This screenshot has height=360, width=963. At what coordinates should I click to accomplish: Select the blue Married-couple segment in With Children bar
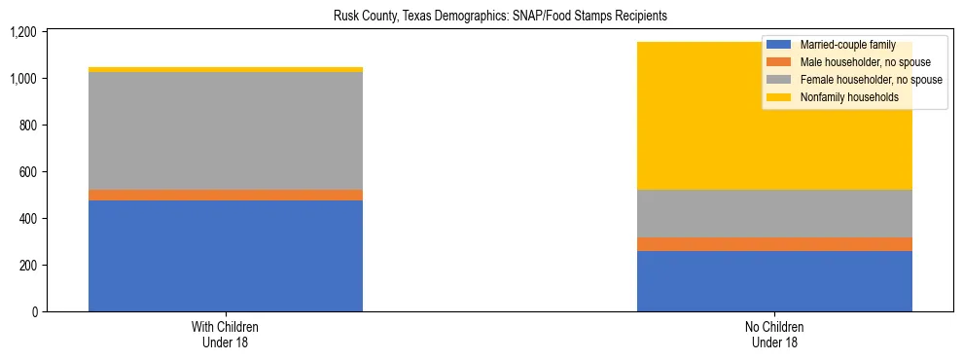tap(226, 256)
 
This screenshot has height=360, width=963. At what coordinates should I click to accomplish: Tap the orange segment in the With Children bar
tap(226, 196)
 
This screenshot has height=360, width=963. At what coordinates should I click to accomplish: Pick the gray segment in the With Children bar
tap(226, 130)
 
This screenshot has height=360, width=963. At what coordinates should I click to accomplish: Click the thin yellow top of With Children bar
tap(226, 69)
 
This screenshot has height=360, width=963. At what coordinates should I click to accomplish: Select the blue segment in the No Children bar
tap(774, 281)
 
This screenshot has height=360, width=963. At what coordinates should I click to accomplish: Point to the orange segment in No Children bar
tap(774, 244)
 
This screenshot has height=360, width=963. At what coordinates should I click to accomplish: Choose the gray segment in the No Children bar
tap(774, 213)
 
